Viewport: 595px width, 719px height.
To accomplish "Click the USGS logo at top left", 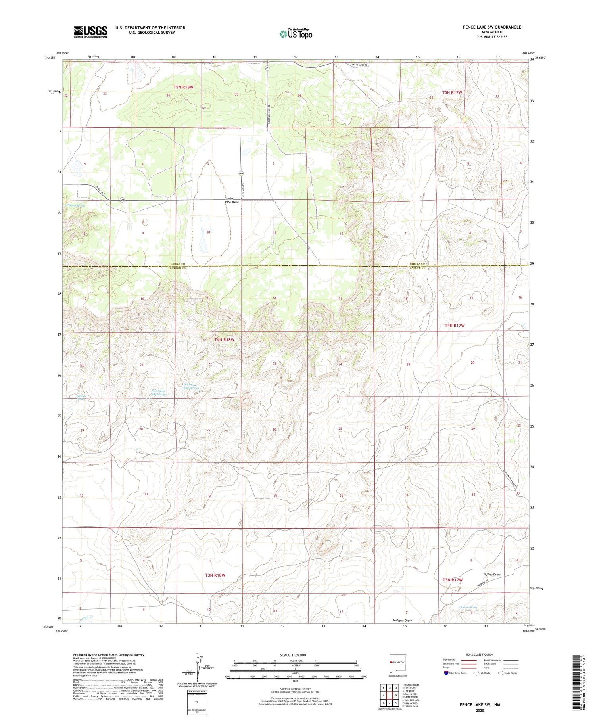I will pos(90,32).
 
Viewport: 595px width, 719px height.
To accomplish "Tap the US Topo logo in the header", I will pos(296,34).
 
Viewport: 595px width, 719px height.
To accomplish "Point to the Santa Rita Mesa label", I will pos(232,200).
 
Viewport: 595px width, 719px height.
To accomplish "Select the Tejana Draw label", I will pos(492,574).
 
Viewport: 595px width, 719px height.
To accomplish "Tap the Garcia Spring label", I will pos(468,607).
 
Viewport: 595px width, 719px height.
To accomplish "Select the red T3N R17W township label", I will pos(453,579).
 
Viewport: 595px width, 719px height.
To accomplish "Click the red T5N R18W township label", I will pos(183,87).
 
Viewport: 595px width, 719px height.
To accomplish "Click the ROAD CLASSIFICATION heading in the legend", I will pos(480,654).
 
